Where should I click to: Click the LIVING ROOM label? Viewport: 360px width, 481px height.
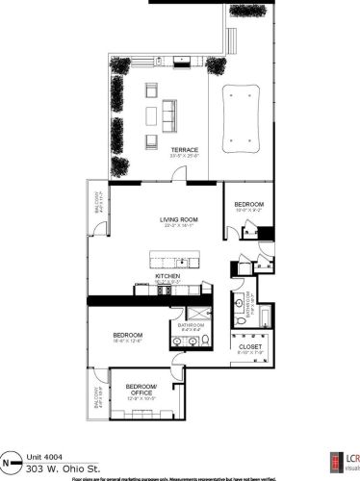pyautogui.click(x=179, y=219)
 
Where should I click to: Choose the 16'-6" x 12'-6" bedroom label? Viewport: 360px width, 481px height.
pyautogui.click(x=127, y=336)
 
